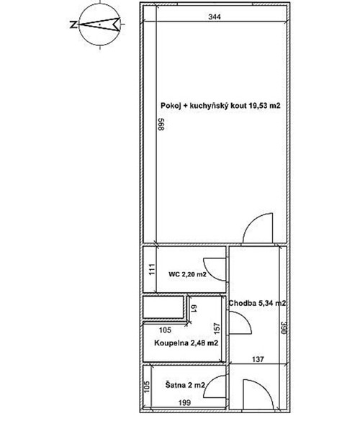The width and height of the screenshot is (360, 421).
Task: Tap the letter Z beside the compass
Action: [73, 24]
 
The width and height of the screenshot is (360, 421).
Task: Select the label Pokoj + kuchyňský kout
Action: [220, 106]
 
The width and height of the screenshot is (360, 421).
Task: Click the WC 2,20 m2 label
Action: [188, 274]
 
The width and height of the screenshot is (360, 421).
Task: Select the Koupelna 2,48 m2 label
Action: [186, 343]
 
